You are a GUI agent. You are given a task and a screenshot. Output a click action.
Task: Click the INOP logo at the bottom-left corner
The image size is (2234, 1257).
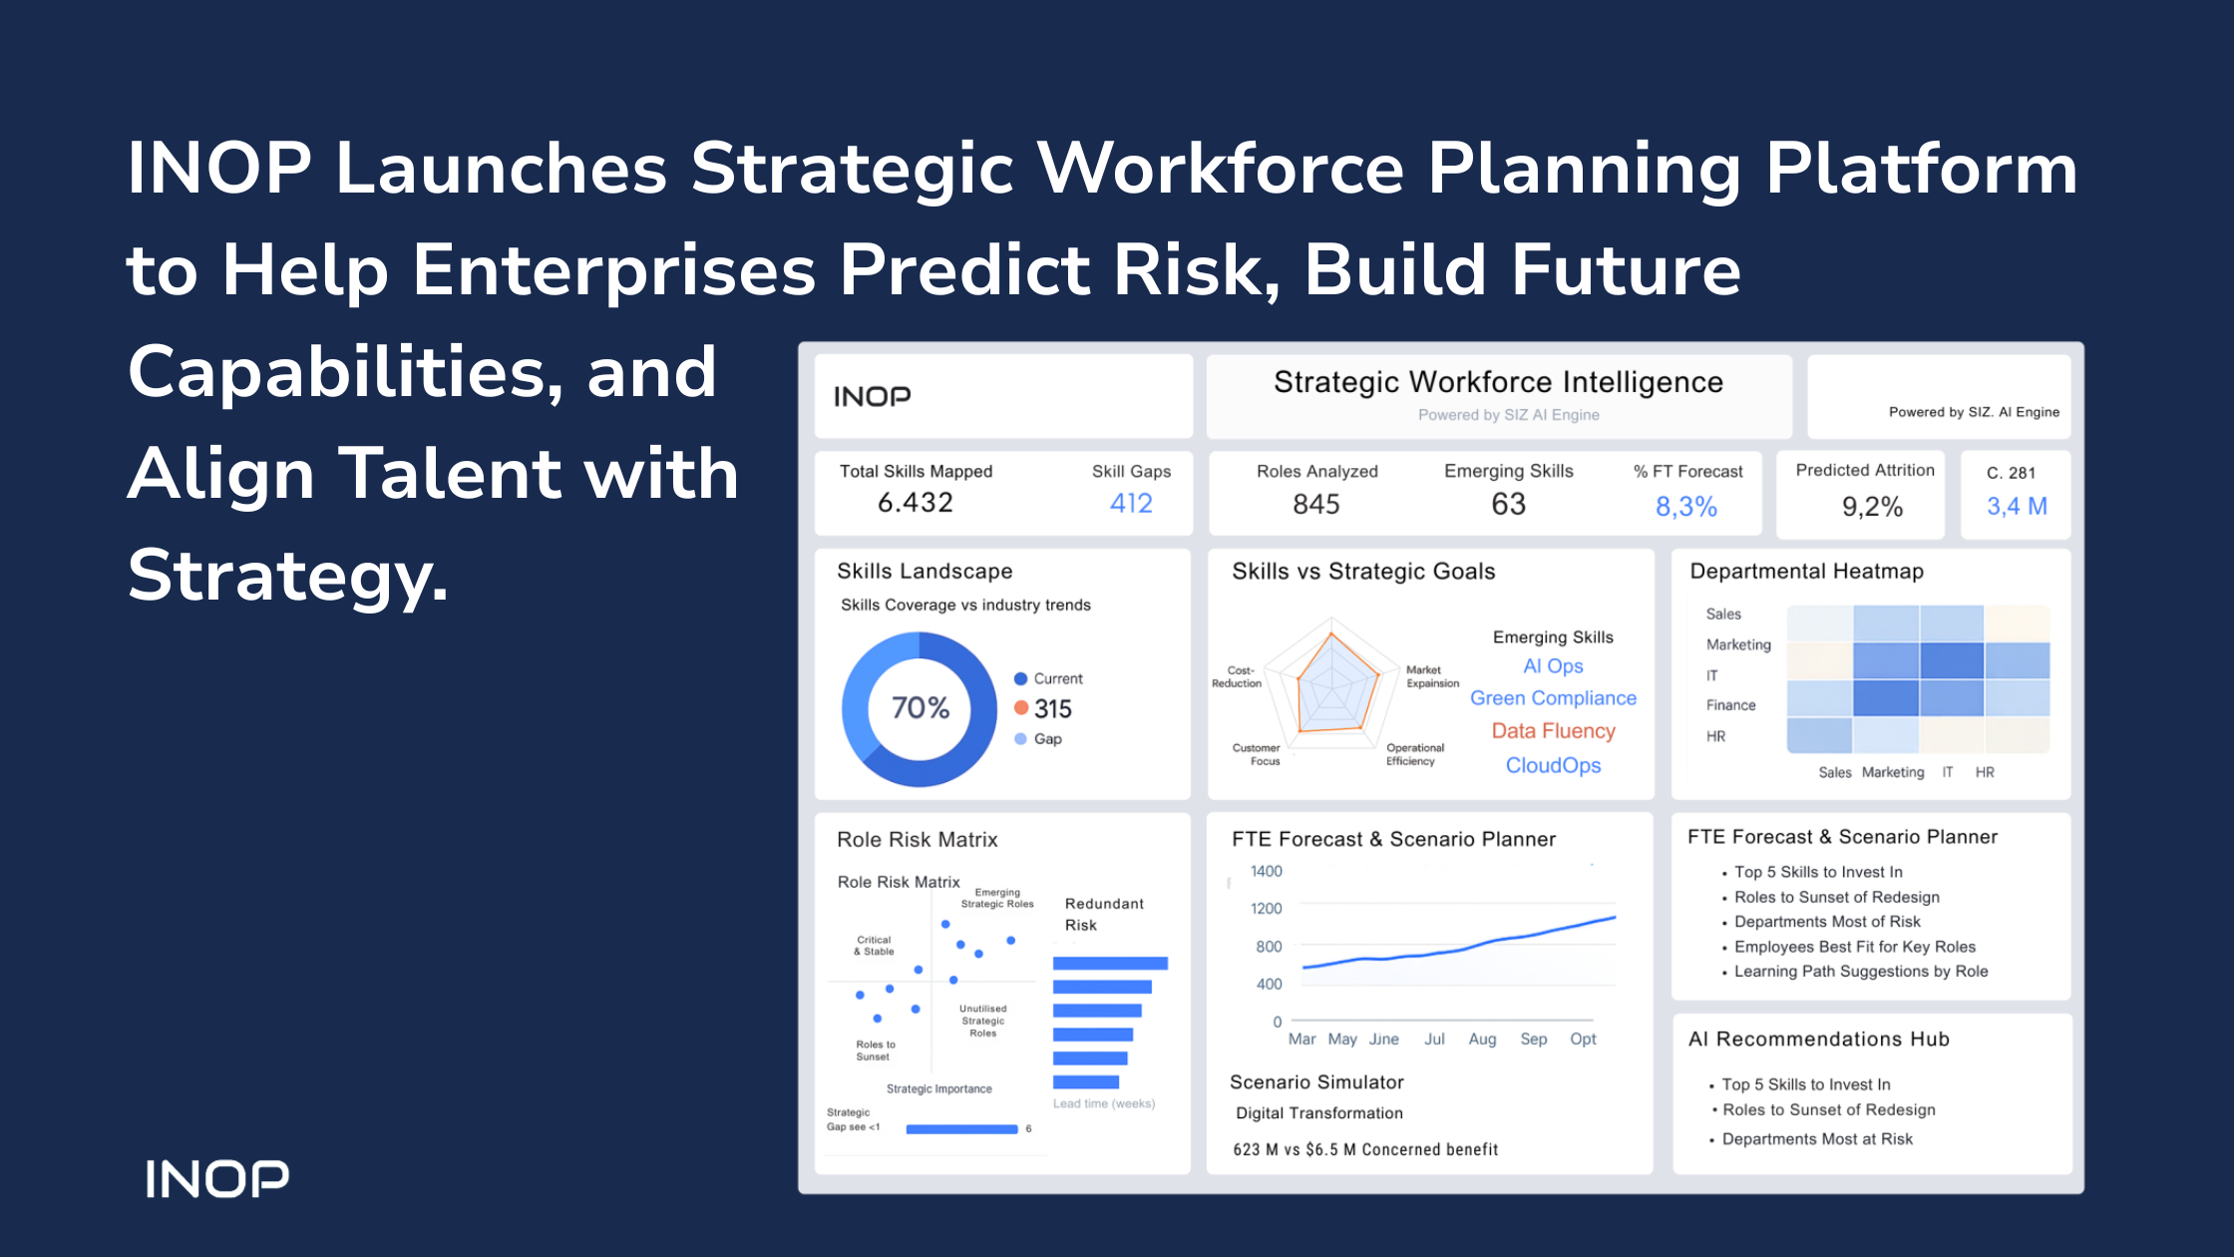coord(217,1178)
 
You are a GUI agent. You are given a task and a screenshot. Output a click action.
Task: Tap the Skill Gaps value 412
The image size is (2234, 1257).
coord(1131,503)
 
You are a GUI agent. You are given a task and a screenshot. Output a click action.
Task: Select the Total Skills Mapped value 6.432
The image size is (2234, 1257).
coord(916,503)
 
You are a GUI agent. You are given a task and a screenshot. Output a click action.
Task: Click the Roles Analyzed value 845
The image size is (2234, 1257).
coord(1316,504)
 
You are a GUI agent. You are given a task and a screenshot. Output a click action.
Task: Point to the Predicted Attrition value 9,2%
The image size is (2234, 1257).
coord(1872,507)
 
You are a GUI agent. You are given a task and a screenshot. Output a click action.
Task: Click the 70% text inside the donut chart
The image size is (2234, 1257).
coord(921,707)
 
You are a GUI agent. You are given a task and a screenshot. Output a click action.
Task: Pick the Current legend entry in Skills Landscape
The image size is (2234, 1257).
coord(1048,678)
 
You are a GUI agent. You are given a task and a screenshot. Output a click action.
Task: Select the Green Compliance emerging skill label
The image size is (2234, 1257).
coord(1553,698)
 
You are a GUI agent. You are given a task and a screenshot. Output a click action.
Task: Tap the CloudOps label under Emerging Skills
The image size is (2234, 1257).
coord(1553,765)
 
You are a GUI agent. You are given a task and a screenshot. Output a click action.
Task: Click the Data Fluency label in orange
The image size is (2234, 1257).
coord(1553,731)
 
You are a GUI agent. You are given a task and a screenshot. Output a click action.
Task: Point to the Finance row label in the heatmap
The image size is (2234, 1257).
coord(1730,705)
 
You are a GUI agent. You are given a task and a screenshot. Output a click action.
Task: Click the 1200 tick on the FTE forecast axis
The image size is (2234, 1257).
coord(1267,908)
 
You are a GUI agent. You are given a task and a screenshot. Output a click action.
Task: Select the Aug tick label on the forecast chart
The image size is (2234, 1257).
coord(1482,1040)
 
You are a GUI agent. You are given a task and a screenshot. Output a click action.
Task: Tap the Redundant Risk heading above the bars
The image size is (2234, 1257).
coord(1104,914)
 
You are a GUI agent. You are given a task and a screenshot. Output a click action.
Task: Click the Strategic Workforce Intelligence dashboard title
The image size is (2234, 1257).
coord(1498,382)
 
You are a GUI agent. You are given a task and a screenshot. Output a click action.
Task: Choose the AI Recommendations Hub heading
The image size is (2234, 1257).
coord(1818,1039)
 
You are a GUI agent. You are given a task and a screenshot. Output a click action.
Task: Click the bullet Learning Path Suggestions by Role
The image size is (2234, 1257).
coord(1861,972)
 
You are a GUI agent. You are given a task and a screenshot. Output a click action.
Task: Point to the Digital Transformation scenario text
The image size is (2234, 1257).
coord(1318,1113)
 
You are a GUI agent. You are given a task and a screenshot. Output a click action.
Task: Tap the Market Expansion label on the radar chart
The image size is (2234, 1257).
coord(1432,676)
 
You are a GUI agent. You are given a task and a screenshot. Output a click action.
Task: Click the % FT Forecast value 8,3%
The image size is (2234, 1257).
coord(1686,507)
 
